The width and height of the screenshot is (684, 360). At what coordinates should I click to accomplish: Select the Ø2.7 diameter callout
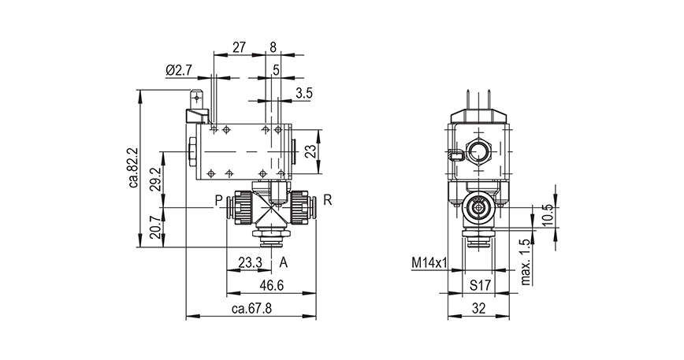[x=179, y=71]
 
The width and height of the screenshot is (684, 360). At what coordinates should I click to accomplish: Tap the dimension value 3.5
[x=304, y=94]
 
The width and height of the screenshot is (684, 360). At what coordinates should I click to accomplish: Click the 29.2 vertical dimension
[x=155, y=179]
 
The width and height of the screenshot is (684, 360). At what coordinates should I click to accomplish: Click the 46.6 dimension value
[x=270, y=284]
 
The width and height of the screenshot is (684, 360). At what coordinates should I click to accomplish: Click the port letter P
[x=218, y=201]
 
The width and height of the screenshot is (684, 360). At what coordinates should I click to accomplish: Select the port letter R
[x=327, y=201]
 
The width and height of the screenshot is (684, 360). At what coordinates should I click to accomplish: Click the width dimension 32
[x=478, y=309]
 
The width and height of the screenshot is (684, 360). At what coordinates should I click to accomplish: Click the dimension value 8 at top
[x=273, y=47]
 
